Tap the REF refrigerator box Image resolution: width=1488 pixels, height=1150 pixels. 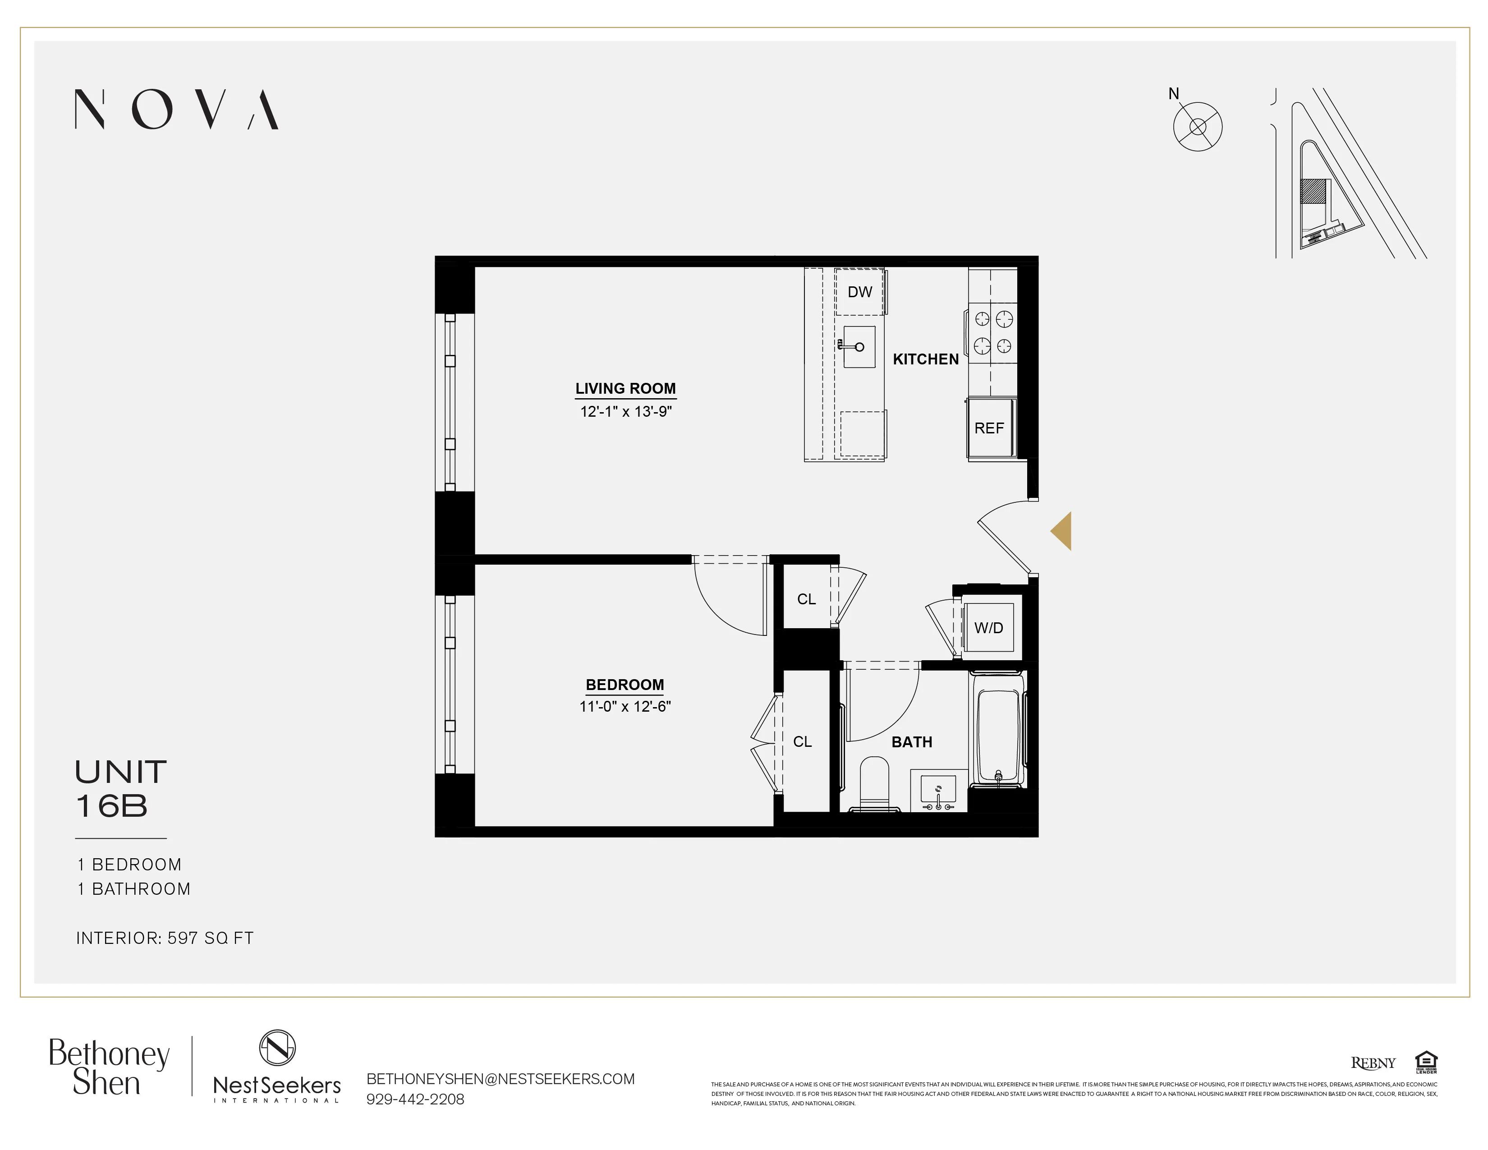pyautogui.click(x=989, y=428)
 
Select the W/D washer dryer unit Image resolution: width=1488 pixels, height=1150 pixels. pyautogui.click(x=988, y=627)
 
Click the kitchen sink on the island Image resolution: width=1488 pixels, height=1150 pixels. pyautogui.click(x=859, y=347)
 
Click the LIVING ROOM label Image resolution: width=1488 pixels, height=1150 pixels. pyautogui.click(x=625, y=388)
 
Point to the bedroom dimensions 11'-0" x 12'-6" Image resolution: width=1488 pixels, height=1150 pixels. pyautogui.click(x=625, y=707)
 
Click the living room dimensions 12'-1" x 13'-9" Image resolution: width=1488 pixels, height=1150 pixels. pyautogui.click(x=625, y=411)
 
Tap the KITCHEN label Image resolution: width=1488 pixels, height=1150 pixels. pyautogui.click(x=925, y=359)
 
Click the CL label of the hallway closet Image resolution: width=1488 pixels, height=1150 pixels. pyautogui.click(x=806, y=599)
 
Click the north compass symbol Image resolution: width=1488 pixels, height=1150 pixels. pyautogui.click(x=1197, y=127)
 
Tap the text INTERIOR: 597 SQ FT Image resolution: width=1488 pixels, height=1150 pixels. pyautogui.click(x=164, y=938)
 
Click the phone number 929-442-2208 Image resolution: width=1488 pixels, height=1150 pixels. pyautogui.click(x=415, y=1099)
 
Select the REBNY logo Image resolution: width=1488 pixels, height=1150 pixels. pyautogui.click(x=1373, y=1063)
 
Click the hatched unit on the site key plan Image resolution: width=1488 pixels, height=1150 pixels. pyautogui.click(x=1313, y=191)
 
